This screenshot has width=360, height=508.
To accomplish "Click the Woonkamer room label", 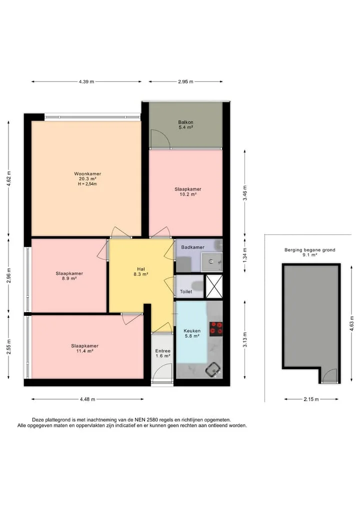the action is [x=87, y=174].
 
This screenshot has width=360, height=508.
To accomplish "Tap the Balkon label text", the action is [x=185, y=122].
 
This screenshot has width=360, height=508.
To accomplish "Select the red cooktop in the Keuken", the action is [x=215, y=328].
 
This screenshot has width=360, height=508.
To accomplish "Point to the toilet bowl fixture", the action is [x=197, y=286].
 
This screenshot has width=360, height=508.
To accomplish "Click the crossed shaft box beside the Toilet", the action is [x=214, y=286].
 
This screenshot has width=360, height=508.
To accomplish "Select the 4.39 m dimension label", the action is [x=86, y=81].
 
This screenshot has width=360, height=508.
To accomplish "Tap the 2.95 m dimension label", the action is [x=185, y=81].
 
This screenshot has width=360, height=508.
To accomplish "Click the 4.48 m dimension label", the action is [x=87, y=399].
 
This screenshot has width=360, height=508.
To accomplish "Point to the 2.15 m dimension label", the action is [x=311, y=399].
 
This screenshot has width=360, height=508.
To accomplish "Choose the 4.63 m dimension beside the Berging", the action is [x=351, y=324].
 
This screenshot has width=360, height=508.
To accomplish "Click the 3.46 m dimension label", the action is [x=245, y=193].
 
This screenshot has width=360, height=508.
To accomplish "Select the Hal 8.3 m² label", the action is [x=141, y=272].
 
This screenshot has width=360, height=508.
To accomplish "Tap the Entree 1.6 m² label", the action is [x=163, y=353].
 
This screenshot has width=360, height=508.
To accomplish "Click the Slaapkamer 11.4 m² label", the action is [x=84, y=348].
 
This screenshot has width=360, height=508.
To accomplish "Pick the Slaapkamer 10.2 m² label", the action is [x=188, y=191].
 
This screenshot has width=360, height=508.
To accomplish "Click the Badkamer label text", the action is [x=192, y=247].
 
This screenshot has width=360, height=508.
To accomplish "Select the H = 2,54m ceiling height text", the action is [x=87, y=184].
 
